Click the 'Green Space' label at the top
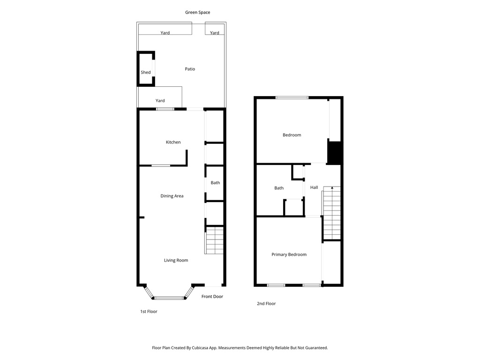(x=197, y=13)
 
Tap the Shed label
(x=146, y=73)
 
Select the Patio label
(x=190, y=69)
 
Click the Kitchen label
(x=173, y=142)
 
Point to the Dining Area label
(x=172, y=196)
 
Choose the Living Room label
(x=176, y=261)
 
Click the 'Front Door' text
(x=212, y=297)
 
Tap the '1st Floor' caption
(x=149, y=312)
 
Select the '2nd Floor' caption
(x=266, y=304)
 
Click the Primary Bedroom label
(x=289, y=255)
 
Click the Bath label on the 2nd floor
(x=279, y=188)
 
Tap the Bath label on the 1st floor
(x=215, y=183)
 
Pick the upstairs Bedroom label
(x=292, y=135)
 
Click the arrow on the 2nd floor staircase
(x=332, y=188)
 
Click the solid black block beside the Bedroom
(x=334, y=152)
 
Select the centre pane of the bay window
(x=169, y=298)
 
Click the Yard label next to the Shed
(x=160, y=101)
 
